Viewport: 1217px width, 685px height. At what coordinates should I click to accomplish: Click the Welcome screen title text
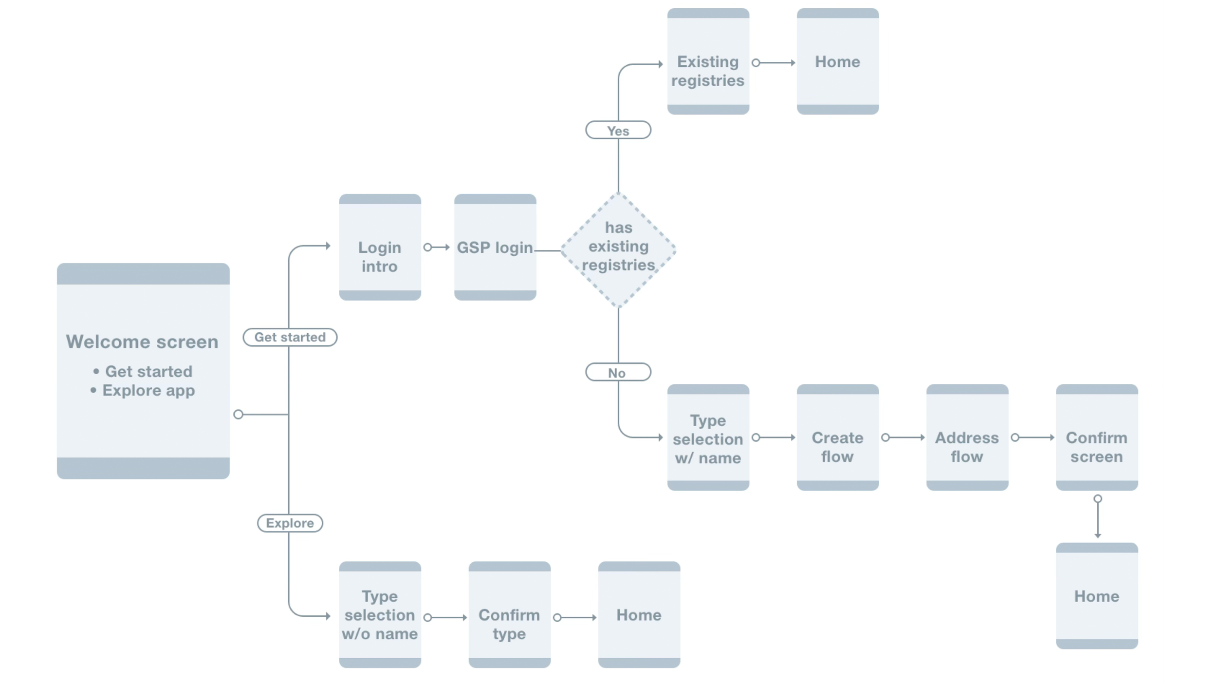(x=142, y=342)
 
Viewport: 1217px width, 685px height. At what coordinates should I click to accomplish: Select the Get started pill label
(x=290, y=337)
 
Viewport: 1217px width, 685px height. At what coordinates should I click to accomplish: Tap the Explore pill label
(x=290, y=523)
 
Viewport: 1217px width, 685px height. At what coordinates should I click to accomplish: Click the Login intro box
(x=380, y=247)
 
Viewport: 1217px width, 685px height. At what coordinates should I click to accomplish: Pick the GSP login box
(x=495, y=247)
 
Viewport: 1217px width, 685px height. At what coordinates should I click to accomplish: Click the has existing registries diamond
(x=618, y=250)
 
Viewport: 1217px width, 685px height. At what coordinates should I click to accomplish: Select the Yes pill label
(x=618, y=130)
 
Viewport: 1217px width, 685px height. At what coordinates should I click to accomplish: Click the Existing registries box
(x=708, y=61)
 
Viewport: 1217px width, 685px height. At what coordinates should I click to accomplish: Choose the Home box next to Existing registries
(x=837, y=61)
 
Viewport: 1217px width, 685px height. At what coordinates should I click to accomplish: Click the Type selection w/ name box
(x=708, y=437)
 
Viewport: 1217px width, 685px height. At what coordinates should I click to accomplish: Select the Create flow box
(x=837, y=437)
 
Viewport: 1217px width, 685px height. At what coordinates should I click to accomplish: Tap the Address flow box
(x=967, y=437)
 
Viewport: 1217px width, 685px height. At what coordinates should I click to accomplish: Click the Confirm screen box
(x=1097, y=437)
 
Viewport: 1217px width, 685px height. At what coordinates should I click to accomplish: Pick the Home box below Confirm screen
(x=1097, y=595)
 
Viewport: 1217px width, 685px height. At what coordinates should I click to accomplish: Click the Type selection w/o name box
(x=380, y=614)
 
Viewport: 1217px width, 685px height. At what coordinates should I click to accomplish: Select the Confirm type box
(x=509, y=614)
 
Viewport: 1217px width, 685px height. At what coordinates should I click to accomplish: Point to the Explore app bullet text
(x=148, y=390)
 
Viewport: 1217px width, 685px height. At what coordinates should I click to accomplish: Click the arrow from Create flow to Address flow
(x=903, y=438)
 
